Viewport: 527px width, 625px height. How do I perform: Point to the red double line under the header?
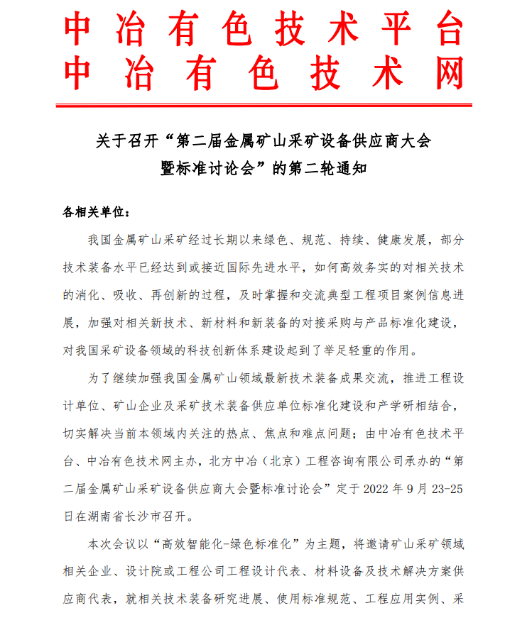coord(263,106)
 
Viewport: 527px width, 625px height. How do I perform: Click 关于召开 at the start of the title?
coord(120,141)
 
